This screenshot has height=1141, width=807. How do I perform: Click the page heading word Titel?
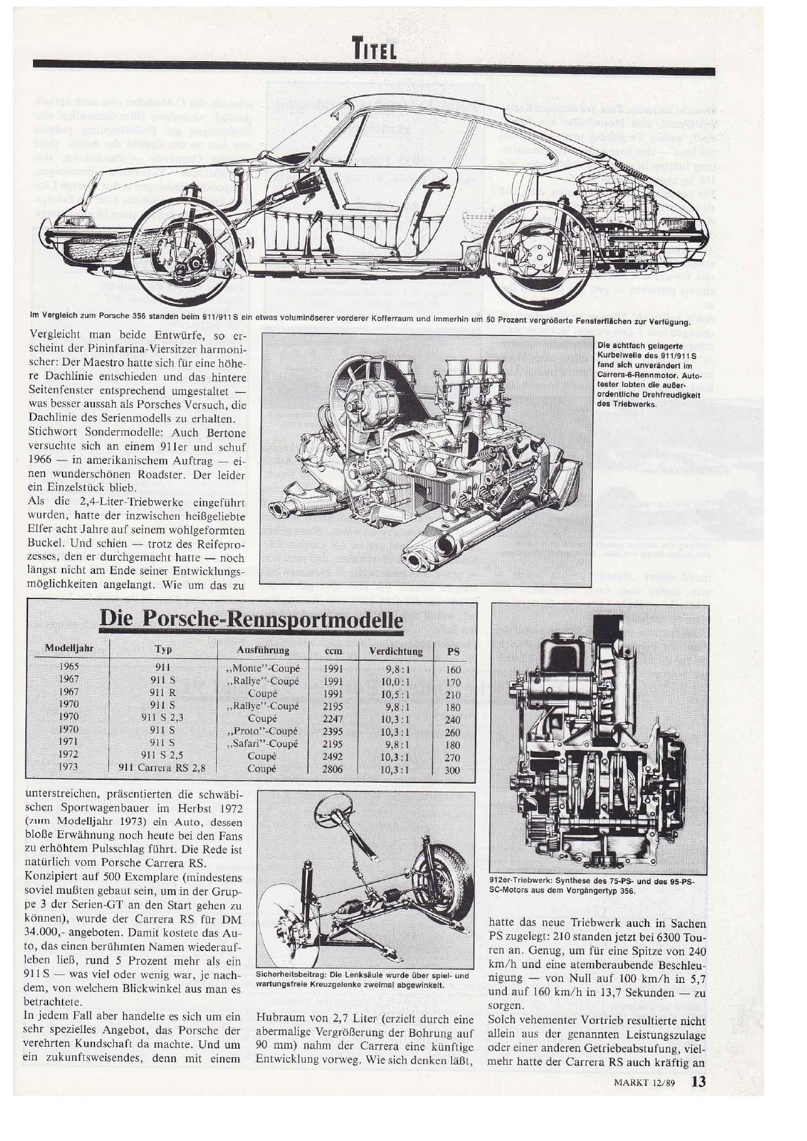pos(374,47)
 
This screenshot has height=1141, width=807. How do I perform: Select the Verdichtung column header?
pos(396,651)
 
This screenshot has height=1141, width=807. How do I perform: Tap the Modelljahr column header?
pos(69,649)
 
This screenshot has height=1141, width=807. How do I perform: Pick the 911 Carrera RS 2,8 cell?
pos(162,767)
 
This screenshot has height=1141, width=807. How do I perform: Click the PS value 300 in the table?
pos(452,770)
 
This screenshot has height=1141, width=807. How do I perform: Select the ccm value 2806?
pos(333,769)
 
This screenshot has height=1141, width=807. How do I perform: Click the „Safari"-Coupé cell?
pos(262,744)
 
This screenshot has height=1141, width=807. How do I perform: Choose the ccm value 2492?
pos(333,757)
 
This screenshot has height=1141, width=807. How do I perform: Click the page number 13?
pos(698,1082)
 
